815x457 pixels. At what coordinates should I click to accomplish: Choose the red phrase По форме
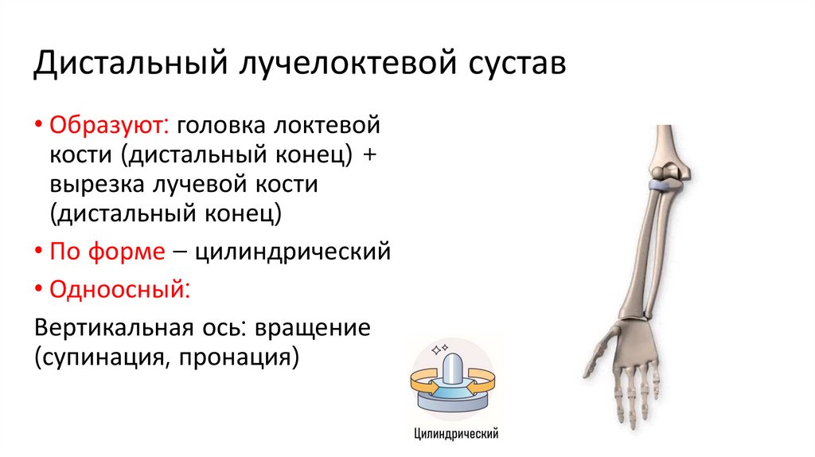107,252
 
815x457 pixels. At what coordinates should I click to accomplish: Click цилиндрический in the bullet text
293,252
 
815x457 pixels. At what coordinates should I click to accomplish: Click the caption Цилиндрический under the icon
456,434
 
